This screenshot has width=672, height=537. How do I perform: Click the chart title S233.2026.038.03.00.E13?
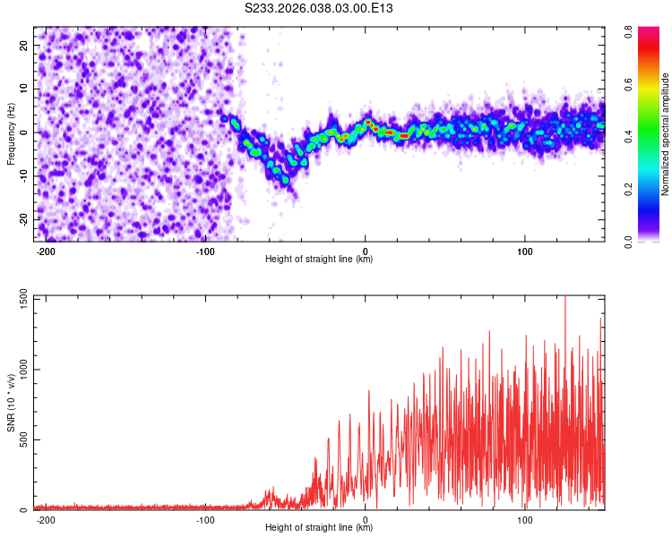click(x=320, y=8)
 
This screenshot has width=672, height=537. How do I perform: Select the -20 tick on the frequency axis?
click(x=22, y=220)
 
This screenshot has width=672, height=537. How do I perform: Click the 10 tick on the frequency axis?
click(x=24, y=89)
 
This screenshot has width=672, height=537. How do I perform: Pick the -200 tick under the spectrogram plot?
click(x=46, y=251)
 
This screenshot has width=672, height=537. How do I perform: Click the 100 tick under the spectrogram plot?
click(x=524, y=251)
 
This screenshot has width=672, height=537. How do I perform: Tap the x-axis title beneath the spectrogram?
click(x=319, y=260)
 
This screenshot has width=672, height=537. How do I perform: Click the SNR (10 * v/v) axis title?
click(x=12, y=403)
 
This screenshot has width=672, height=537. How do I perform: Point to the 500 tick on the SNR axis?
click(x=21, y=440)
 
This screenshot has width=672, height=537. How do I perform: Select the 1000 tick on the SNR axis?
click(x=18, y=370)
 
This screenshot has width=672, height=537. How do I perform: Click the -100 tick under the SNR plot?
click(x=205, y=519)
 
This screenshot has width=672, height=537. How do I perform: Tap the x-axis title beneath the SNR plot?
click(x=319, y=528)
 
